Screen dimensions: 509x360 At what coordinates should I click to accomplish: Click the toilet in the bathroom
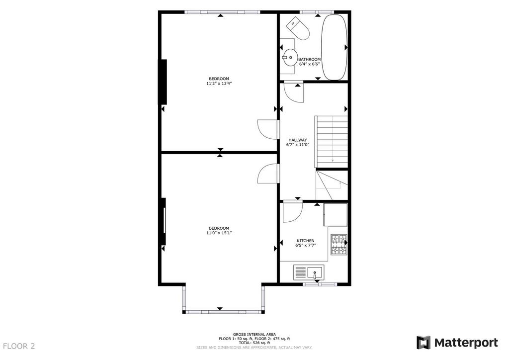(299, 28)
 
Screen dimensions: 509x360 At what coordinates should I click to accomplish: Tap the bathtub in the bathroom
(335, 47)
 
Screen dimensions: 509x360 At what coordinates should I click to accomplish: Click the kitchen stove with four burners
(339, 244)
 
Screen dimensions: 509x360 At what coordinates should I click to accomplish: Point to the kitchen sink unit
(309, 272)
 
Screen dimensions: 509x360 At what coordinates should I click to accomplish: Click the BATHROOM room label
(309, 59)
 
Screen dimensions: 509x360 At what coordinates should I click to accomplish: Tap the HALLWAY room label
(298, 140)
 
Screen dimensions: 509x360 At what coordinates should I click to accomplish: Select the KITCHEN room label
(306, 241)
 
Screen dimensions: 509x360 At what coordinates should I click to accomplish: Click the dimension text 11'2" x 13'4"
(219, 84)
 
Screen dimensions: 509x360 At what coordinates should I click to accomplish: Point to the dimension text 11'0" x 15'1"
(219, 233)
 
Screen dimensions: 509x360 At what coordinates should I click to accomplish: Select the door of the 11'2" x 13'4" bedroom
(268, 129)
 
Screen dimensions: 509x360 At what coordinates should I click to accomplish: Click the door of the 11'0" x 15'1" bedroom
(268, 174)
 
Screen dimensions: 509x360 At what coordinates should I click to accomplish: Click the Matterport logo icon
(424, 343)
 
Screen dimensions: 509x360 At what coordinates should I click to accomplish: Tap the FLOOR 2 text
(19, 346)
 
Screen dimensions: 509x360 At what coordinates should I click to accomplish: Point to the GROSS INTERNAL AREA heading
(254, 334)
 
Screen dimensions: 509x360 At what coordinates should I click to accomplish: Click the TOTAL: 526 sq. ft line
(254, 343)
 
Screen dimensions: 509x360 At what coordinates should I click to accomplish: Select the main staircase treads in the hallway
(332, 142)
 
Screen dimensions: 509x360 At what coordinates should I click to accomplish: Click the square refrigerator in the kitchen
(336, 215)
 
